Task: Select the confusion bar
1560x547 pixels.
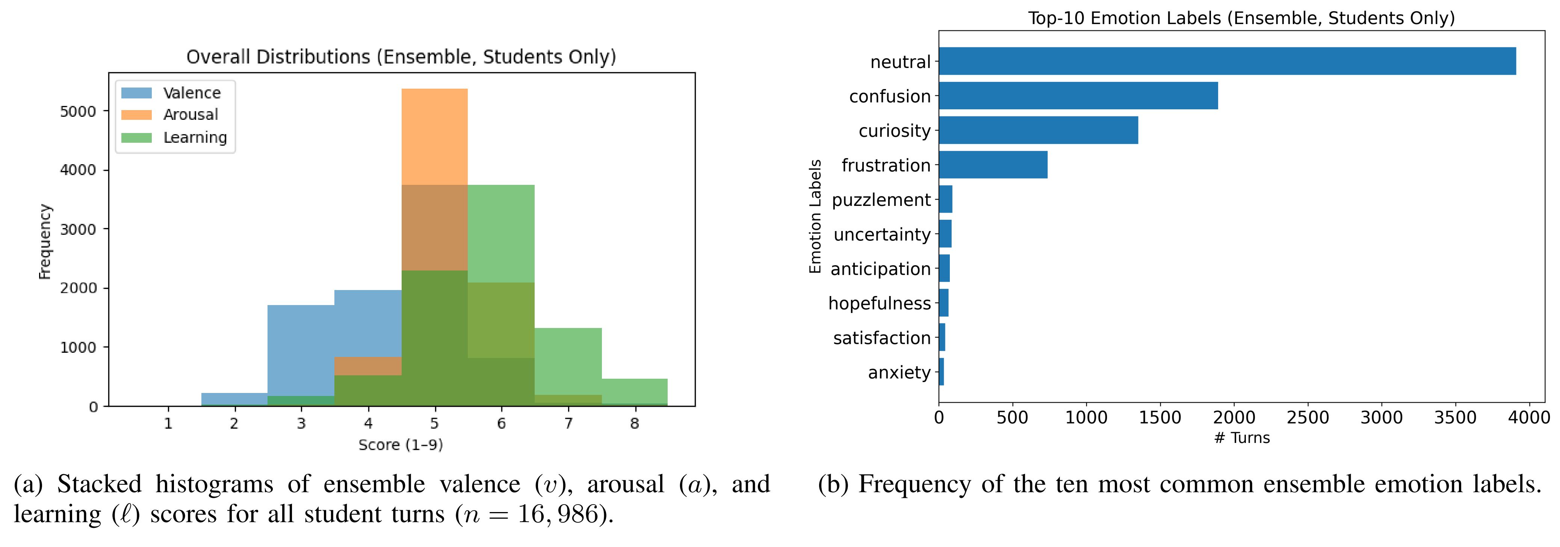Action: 1078,96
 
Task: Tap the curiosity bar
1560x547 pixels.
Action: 1038,130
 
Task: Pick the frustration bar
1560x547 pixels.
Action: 993,165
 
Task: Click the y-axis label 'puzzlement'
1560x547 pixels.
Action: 881,200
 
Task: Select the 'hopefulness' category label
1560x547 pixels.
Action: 879,304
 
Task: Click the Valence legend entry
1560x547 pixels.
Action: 191,93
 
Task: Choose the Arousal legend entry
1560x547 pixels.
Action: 190,115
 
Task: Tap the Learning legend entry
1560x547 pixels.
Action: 194,138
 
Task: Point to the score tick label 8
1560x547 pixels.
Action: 634,423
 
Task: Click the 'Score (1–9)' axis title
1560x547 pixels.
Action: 400,445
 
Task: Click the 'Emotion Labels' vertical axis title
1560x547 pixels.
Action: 815,216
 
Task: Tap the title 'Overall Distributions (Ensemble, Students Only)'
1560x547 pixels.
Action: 401,57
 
